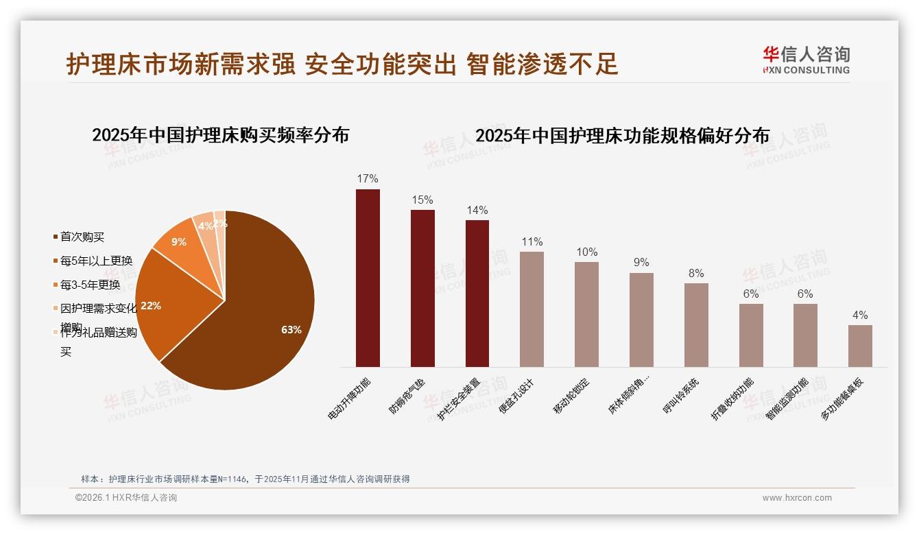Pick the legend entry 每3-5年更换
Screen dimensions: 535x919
pos(90,285)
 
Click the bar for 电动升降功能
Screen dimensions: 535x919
pos(368,278)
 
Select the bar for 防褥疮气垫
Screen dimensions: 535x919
pos(422,288)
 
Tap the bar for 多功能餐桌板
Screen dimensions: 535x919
pos(860,346)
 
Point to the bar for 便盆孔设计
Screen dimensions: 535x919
pos(532,309)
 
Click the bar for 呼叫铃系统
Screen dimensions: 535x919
pos(696,324)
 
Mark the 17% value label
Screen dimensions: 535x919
pos(368,179)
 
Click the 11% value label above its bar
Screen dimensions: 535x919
pos(532,241)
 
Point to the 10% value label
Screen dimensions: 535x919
pos(586,252)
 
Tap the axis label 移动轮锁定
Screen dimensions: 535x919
pos(572,396)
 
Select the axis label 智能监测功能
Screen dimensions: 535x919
pos(787,399)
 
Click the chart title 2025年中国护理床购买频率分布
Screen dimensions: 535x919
pos(220,135)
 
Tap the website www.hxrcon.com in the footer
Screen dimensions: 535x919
pos(797,498)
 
